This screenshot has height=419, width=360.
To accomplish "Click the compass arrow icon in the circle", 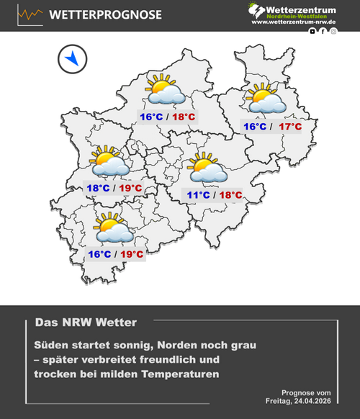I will pos(72,59).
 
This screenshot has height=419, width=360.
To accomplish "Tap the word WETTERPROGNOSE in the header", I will pos(106,15).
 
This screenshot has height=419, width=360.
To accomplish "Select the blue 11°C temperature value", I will pos(199,194).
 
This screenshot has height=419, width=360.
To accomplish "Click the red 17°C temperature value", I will pos(290,127).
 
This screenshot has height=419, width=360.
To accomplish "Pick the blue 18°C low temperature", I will pos(99,189).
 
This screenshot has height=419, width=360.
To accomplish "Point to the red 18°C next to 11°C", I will pos(230,194).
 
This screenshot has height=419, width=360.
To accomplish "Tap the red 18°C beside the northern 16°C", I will pos(184,117).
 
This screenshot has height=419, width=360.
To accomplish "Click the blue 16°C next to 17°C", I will pos(254,127).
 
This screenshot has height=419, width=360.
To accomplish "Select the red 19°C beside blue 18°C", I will pos(130,189).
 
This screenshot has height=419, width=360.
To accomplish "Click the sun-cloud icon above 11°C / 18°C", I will pos(207,168).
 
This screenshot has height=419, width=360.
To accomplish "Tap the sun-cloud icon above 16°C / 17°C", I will pos(265,99).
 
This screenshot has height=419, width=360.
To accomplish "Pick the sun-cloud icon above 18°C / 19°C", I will pos(109,163).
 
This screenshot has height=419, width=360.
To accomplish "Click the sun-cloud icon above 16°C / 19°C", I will pos(113,227).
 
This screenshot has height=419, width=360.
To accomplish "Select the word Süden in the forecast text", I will pos(53,346).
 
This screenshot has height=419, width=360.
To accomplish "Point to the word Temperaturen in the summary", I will pos(181,375).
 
